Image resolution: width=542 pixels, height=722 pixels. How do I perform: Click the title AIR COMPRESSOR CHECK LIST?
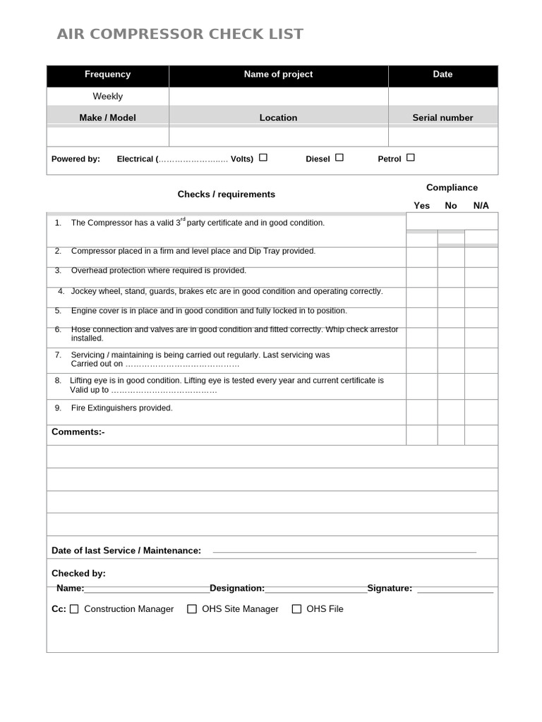[180, 34]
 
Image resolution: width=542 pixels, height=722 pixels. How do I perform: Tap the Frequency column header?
[107, 74]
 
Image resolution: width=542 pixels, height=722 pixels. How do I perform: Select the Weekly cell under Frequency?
[107, 96]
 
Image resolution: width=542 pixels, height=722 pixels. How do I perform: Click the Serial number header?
[442, 118]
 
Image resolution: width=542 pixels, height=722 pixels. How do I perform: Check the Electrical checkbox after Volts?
[263, 158]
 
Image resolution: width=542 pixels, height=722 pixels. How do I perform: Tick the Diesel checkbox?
[339, 158]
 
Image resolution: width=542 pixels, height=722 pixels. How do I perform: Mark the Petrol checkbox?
[411, 158]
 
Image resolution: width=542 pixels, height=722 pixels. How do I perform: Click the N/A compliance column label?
[481, 206]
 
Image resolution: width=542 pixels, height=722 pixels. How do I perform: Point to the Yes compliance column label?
[421, 206]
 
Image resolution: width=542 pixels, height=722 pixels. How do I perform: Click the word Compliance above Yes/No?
[452, 188]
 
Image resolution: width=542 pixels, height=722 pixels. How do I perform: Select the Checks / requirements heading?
[226, 195]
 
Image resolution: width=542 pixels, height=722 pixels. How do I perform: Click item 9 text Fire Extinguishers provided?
[121, 408]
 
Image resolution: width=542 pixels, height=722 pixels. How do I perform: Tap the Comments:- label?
[78, 432]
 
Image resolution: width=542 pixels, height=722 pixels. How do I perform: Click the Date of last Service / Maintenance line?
[344, 551]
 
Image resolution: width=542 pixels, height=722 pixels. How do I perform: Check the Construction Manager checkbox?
[75, 609]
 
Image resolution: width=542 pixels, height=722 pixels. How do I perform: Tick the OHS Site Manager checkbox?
[192, 609]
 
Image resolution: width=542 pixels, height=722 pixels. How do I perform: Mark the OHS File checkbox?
[296, 609]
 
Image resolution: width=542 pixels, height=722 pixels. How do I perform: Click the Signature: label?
[390, 588]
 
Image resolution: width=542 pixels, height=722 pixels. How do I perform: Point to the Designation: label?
[237, 588]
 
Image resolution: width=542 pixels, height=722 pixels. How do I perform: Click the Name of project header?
[278, 74]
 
